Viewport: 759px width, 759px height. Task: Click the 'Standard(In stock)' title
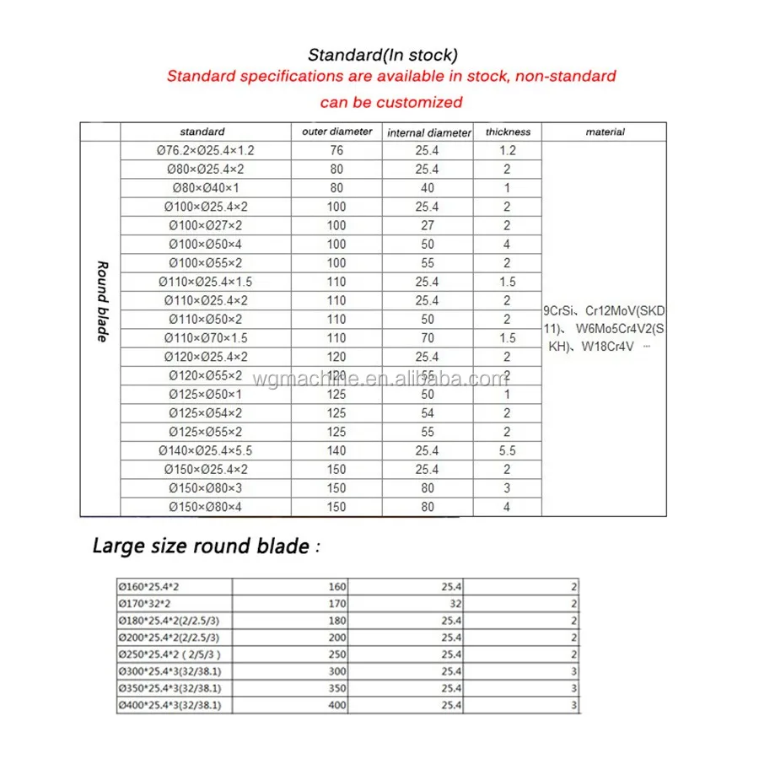coord(382,55)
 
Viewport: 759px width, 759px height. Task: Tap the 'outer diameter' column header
coord(336,132)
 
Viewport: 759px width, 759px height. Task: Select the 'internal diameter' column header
coord(428,132)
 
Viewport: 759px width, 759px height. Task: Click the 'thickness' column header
coord(508,132)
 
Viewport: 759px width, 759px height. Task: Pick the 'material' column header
coord(605,132)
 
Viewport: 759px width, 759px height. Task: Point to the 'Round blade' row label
coord(101,301)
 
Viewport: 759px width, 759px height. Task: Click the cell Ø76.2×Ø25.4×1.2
coord(206,151)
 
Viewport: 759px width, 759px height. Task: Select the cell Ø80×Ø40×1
coord(206,188)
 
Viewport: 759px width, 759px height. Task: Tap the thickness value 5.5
coord(507,451)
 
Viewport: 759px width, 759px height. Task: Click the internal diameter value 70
coord(428,338)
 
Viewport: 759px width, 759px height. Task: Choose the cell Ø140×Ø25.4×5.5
coord(206,451)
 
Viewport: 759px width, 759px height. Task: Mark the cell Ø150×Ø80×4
coord(206,507)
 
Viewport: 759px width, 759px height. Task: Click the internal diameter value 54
coord(428,413)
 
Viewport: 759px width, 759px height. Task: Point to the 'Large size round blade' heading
coord(201,546)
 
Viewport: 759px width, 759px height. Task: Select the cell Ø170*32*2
coord(144,604)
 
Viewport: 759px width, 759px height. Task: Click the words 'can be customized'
coord(391,102)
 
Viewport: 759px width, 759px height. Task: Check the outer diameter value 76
coord(336,151)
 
